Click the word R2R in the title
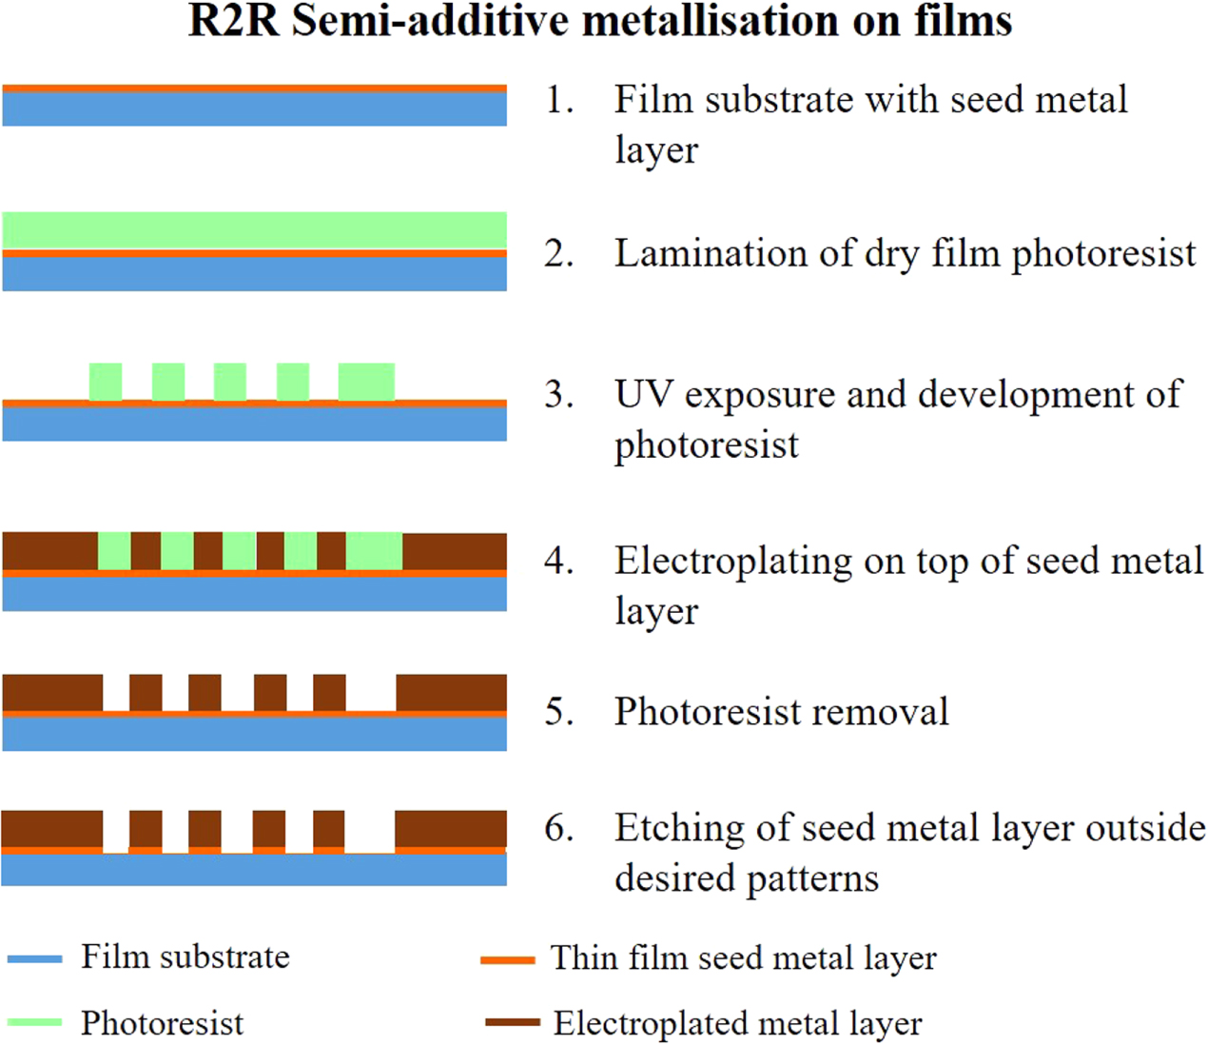pyautogui.click(x=233, y=21)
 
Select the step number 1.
pyautogui.click(x=558, y=100)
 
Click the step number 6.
pyautogui.click(x=558, y=828)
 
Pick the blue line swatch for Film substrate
pyautogui.click(x=34, y=959)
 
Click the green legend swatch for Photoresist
pyautogui.click(x=34, y=1023)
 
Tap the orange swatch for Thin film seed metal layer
pyautogui.click(x=508, y=960)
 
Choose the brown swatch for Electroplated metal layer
pyautogui.click(x=512, y=1023)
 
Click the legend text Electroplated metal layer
pyautogui.click(x=737, y=1023)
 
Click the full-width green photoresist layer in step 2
pyautogui.click(x=254, y=230)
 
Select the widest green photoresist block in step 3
pyautogui.click(x=366, y=382)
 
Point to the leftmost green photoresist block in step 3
pyautogui.click(x=106, y=382)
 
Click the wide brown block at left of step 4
pyautogui.click(x=49, y=551)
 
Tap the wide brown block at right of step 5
pyautogui.click(x=451, y=693)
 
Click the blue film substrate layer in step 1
pyautogui.click(x=254, y=109)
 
